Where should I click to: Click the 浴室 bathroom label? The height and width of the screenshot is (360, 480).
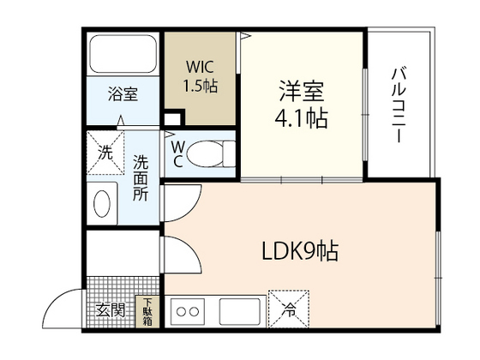(x=122, y=95)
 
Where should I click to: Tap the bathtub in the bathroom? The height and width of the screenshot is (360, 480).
(x=122, y=55)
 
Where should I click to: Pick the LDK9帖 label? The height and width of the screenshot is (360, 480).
(x=299, y=252)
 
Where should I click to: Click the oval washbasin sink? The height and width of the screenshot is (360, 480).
(x=101, y=205)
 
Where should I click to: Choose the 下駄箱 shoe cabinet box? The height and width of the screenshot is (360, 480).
(x=147, y=311)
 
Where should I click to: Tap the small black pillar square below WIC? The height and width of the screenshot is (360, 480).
(x=174, y=119)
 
